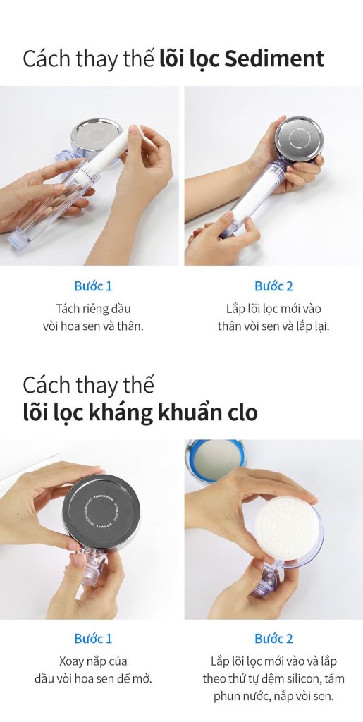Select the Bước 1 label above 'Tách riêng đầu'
[x=93, y=286]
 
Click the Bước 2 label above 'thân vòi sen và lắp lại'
[x=273, y=286]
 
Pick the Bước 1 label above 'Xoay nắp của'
[x=93, y=639]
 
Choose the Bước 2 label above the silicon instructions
[x=273, y=639]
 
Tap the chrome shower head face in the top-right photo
[x=297, y=138]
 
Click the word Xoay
[x=69, y=661]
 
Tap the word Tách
[x=69, y=309]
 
